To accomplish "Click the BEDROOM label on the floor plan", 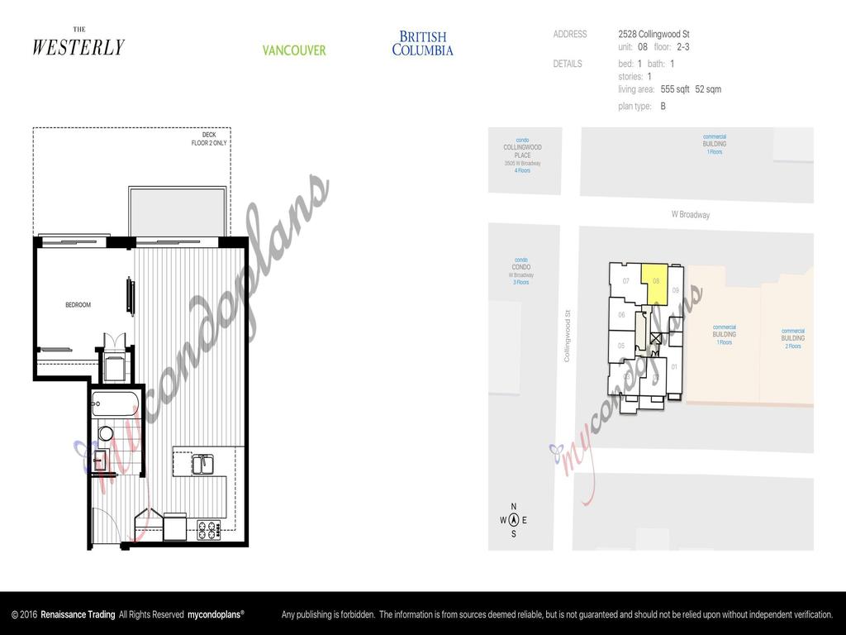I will click(78, 305).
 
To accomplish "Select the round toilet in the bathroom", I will click(106, 432).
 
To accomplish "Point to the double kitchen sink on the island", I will click(203, 465).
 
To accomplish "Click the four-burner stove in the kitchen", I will click(207, 530).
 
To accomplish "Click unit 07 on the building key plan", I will click(626, 281).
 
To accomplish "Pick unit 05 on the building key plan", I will click(621, 346).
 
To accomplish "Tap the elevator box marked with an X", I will click(657, 337).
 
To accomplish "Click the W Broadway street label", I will click(690, 215).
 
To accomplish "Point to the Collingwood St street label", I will click(568, 335).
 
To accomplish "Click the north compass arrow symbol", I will click(514, 520).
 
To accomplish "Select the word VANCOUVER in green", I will click(294, 50).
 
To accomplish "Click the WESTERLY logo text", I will click(78, 47).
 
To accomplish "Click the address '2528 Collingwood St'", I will click(654, 35).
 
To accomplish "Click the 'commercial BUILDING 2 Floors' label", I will click(792, 339).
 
